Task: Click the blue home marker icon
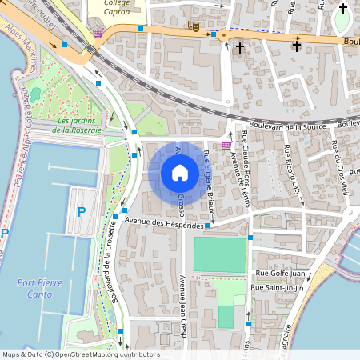pyautogui.click(x=179, y=172)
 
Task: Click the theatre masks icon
pyautogui.click(x=192, y=26)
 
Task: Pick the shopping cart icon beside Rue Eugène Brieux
pyautogui.click(x=227, y=146)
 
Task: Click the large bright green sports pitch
pyautogui.click(x=218, y=254)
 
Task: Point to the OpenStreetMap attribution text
pyautogui.click(x=80, y=354)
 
